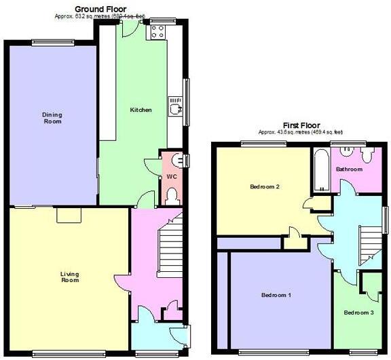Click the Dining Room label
tap(52, 118)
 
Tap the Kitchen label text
tap(141, 110)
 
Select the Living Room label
tap(70, 277)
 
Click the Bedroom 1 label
tap(276, 296)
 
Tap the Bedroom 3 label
tap(358, 313)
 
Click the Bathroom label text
tap(349, 169)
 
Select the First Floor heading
tap(301, 125)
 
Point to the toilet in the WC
tap(172, 197)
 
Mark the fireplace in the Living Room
tap(69, 215)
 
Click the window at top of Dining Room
tap(53, 42)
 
